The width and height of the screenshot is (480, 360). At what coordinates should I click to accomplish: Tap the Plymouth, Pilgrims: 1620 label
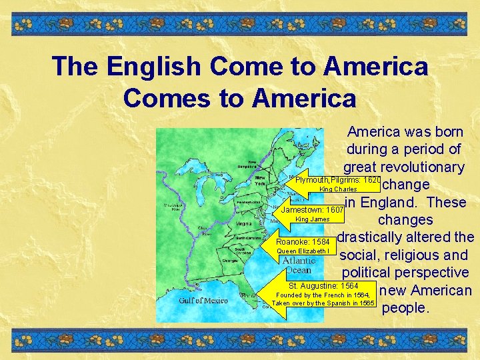[337, 180]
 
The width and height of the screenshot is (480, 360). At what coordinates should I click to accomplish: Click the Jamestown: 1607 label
[312, 210]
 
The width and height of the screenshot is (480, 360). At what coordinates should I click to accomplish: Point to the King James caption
[312, 219]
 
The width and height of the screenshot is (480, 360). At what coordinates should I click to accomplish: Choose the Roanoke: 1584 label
[303, 241]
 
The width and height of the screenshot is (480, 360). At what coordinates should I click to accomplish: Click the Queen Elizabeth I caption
[303, 251]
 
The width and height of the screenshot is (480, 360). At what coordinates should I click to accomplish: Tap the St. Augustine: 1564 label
[323, 286]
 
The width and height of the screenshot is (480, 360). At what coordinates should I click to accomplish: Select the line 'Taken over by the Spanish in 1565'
[323, 303]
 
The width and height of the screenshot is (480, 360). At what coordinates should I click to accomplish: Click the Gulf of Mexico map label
[203, 301]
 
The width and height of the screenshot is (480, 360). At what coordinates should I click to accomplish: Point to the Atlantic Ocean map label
[298, 265]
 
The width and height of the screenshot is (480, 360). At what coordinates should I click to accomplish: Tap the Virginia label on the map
[244, 224]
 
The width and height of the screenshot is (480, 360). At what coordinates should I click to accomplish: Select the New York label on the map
[259, 181]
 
